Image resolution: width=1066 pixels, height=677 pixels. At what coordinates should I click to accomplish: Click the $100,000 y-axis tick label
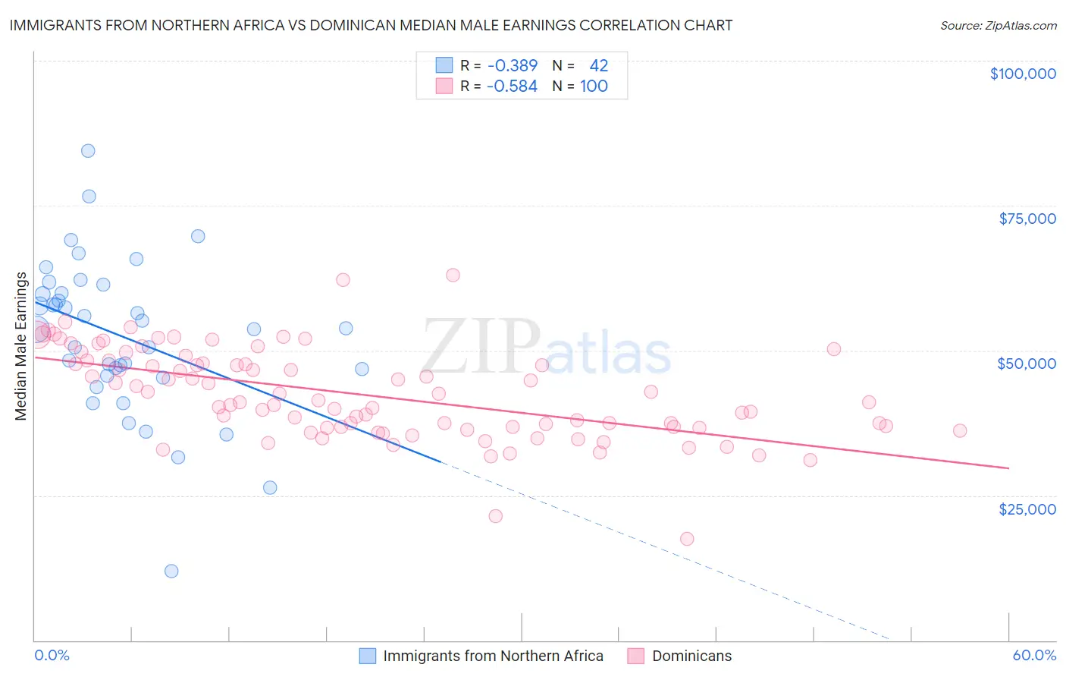coord(1023,74)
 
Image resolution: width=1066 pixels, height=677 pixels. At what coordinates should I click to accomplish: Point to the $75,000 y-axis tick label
coord(1027,219)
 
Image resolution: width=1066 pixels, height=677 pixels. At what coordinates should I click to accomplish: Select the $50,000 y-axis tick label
coord(1027,364)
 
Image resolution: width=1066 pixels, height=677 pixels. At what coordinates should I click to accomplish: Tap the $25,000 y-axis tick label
coord(1027,509)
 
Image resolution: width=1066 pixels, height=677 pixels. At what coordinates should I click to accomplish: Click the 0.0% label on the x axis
coord(52,655)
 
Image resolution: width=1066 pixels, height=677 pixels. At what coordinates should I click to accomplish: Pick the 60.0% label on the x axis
coord(1034,655)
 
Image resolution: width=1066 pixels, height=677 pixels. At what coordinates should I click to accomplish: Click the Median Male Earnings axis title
coord(21,346)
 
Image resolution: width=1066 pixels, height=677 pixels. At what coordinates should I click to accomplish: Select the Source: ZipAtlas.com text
coord(998,25)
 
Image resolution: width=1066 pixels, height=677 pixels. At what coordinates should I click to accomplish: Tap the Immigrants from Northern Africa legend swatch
coord(368,656)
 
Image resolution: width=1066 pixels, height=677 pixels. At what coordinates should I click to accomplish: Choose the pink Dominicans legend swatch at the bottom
coord(635,656)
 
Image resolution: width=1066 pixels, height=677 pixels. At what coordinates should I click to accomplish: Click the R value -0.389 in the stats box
coord(513,66)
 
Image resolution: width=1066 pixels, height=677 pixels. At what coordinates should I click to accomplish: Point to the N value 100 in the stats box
coord(594,87)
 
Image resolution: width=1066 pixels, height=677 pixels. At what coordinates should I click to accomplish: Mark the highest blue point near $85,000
coord(88,151)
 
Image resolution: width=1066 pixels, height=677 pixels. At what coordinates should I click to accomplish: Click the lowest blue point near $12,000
coord(171,571)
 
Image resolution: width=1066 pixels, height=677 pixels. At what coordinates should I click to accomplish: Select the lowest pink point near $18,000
coord(687,539)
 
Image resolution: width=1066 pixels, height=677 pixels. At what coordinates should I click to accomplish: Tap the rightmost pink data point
coord(960,430)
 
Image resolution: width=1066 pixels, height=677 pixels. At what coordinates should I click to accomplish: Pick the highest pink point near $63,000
coord(453,276)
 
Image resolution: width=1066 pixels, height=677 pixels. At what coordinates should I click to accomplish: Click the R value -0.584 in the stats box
coord(513,87)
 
